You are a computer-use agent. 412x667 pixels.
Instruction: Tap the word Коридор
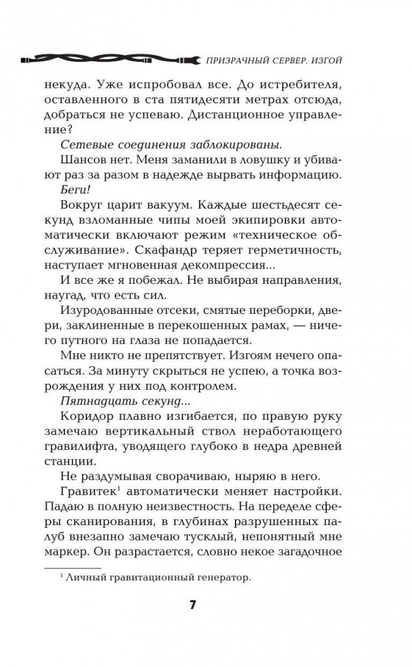[87, 417]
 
